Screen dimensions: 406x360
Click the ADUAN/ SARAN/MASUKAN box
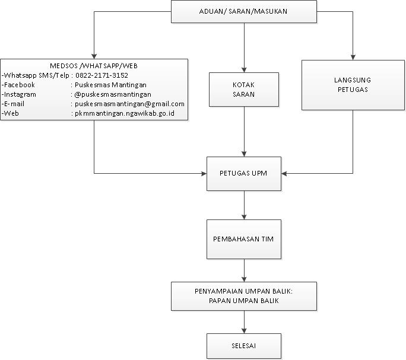(x=244, y=12)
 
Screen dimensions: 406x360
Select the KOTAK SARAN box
(x=244, y=90)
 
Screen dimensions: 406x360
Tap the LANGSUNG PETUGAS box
(x=353, y=85)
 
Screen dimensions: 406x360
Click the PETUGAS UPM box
(x=244, y=174)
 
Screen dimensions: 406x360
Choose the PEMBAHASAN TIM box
(x=244, y=239)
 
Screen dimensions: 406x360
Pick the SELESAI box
(x=244, y=346)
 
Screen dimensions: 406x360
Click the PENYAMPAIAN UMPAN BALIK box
(x=244, y=296)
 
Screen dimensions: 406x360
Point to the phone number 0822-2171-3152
(x=101, y=75)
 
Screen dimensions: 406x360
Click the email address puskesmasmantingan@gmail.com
(x=129, y=104)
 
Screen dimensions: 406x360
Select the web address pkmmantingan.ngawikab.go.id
(x=125, y=113)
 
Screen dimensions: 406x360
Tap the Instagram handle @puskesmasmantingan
(x=113, y=94)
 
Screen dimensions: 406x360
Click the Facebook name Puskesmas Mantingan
(x=110, y=85)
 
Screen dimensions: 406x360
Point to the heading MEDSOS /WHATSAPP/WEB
(x=94, y=66)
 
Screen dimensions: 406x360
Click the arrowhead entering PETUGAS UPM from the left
(x=204, y=173)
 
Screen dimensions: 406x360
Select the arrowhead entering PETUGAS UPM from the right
(x=284, y=173)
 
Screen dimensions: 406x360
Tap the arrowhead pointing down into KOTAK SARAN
(x=244, y=70)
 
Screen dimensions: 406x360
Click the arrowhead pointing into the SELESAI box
(x=244, y=331)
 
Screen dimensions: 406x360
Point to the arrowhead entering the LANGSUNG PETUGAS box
(x=353, y=58)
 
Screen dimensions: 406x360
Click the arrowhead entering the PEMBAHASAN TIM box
(x=244, y=217)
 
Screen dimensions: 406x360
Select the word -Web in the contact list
(x=10, y=113)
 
